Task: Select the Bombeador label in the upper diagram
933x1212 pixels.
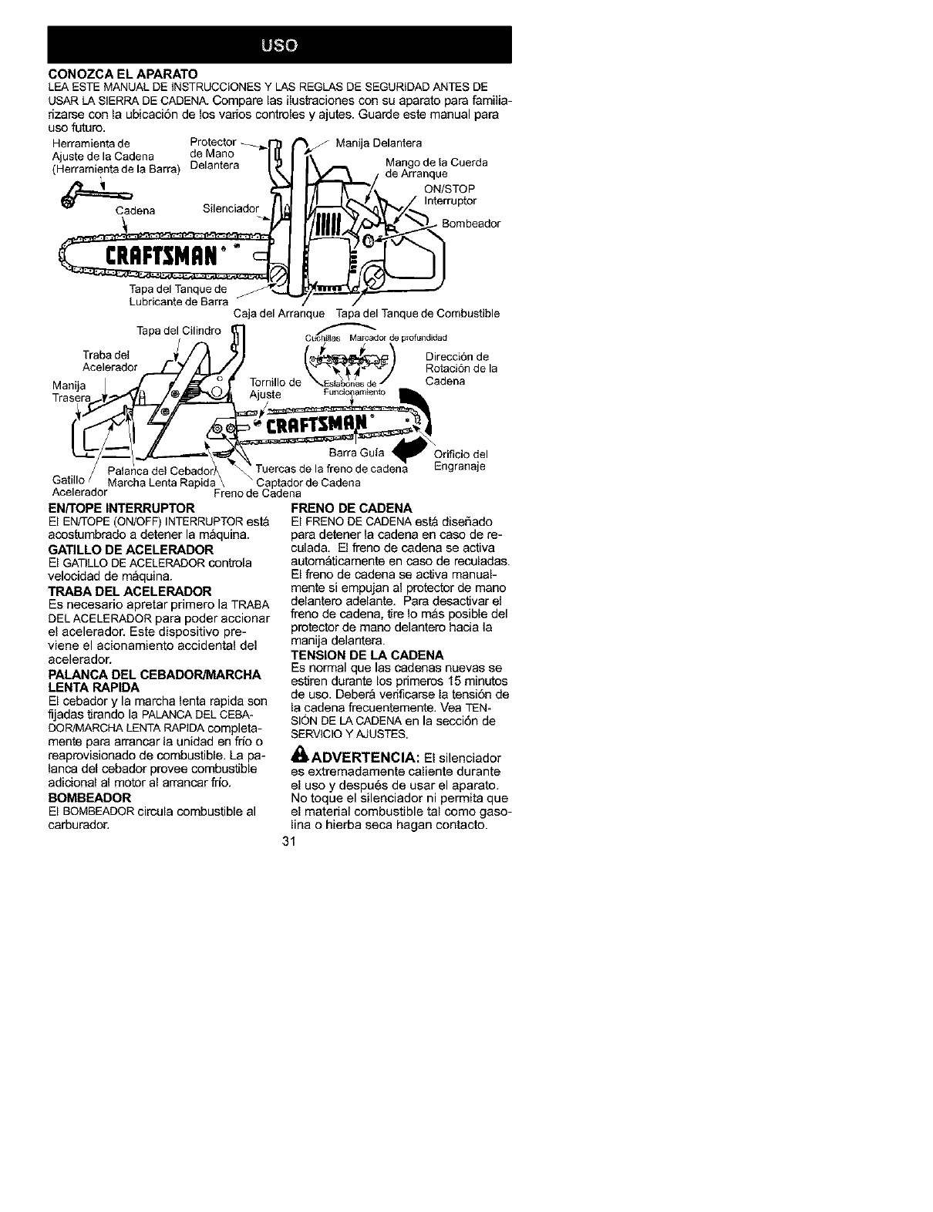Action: click(x=471, y=224)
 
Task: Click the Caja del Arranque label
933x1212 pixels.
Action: click(x=278, y=314)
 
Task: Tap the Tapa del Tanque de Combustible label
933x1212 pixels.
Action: click(x=418, y=314)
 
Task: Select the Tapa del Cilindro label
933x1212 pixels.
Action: click(x=178, y=331)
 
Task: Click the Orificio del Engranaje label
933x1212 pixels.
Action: click(x=461, y=460)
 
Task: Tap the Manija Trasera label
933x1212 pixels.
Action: click(x=72, y=392)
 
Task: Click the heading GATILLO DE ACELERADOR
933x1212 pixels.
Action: click(x=131, y=549)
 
